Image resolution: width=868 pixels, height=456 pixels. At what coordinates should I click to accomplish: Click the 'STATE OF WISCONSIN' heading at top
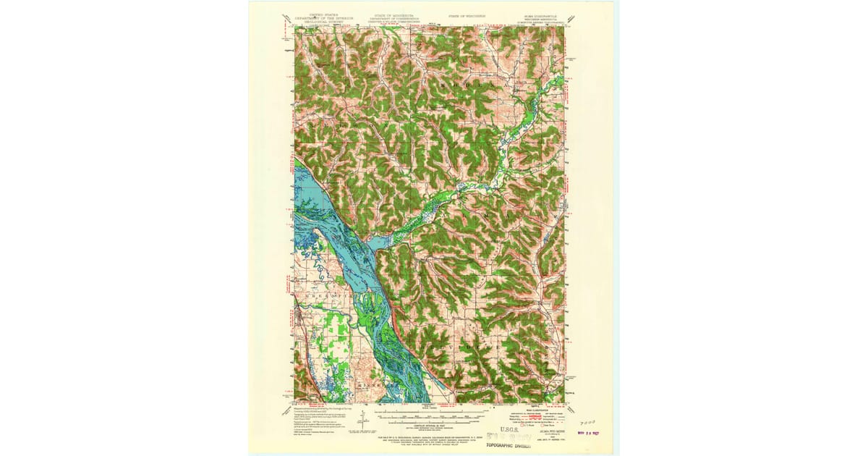click(466, 14)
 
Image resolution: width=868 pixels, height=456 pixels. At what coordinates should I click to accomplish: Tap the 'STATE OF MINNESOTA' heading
click(394, 14)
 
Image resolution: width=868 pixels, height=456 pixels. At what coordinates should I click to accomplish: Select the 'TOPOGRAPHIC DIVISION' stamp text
click(515, 446)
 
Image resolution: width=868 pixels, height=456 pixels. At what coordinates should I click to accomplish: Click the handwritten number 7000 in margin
click(589, 421)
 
